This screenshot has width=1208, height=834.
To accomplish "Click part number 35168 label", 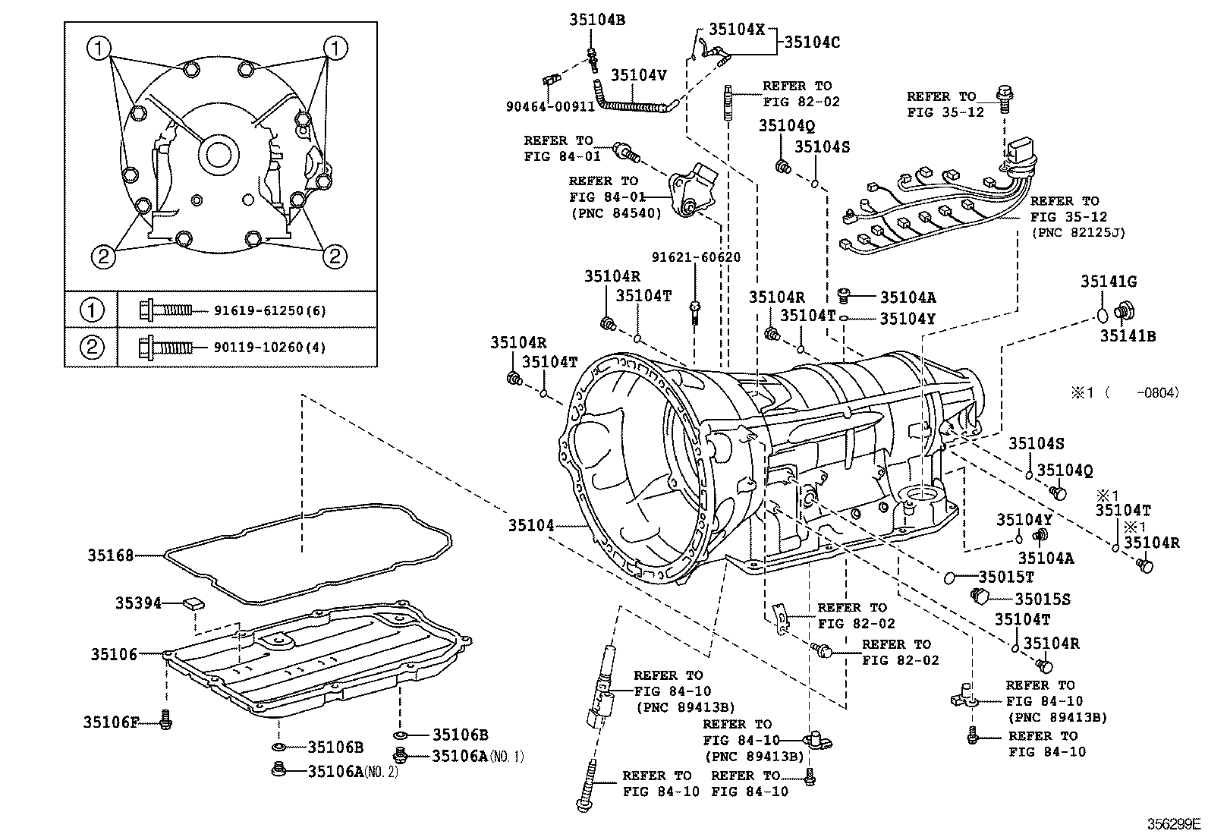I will click(109, 555).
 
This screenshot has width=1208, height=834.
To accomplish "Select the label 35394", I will click(138, 603).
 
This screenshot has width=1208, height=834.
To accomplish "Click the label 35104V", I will click(638, 74).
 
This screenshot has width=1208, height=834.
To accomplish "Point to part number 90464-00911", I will click(550, 106).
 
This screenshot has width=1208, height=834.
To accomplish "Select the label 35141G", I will click(1109, 282).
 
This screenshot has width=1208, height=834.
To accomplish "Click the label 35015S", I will click(1043, 599).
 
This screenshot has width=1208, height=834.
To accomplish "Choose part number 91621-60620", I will click(695, 258).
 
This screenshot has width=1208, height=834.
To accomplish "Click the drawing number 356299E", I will click(1174, 823).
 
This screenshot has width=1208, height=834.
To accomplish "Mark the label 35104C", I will click(812, 42).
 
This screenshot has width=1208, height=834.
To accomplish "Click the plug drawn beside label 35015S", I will click(980, 595).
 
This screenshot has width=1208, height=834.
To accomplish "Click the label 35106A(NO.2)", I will click(353, 771).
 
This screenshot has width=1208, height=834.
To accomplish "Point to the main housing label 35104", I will click(531, 525).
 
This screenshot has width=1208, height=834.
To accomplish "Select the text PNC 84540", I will click(615, 214).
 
